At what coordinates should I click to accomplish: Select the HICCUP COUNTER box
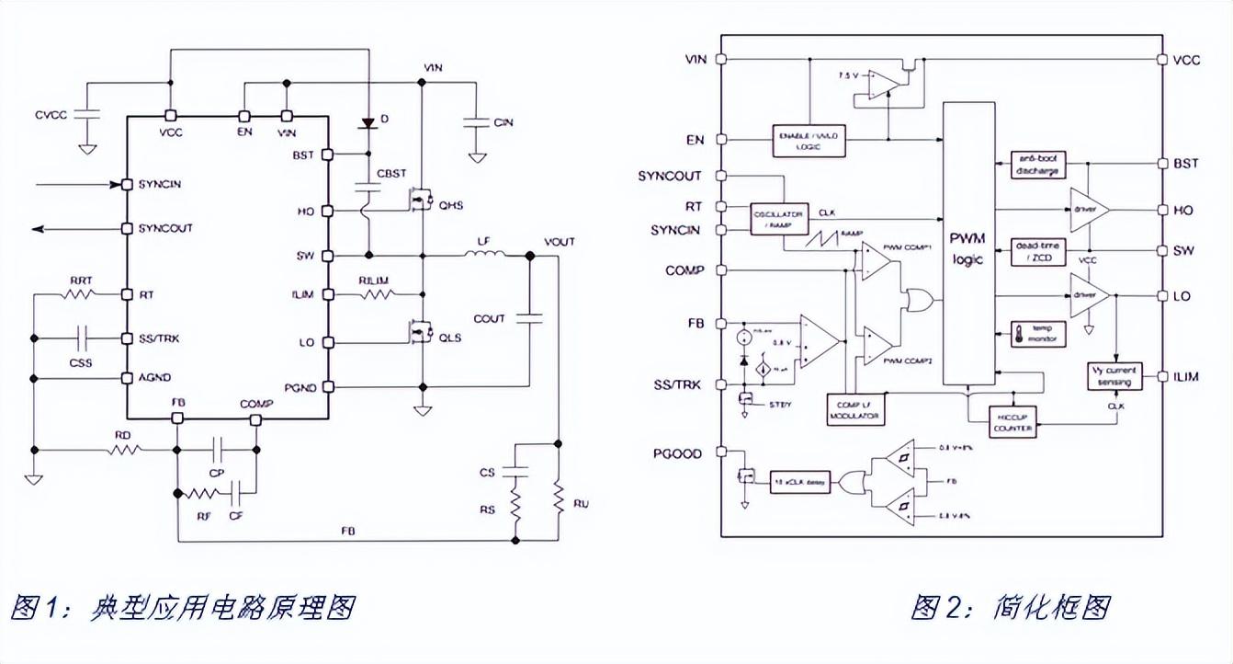pos(1012,422)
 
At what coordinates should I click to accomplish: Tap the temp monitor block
pos(1037,333)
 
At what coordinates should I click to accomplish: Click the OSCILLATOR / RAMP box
pos(776,219)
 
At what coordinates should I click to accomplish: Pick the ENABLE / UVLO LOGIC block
pos(809,139)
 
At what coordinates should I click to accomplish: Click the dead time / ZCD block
pos(1037,251)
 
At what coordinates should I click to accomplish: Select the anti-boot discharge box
pos(1038,165)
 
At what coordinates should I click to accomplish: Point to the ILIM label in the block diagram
pos(1186,377)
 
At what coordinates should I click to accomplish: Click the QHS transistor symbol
pos(421,200)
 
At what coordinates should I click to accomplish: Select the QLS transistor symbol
pos(421,329)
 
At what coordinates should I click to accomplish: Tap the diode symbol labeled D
pos(368,121)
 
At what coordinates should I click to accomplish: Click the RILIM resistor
pos(377,295)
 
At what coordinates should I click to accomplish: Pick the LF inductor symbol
pos(482,257)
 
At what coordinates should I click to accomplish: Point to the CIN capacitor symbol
pos(476,121)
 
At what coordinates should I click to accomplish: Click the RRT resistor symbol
pos(78,295)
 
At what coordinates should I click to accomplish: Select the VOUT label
pos(559,242)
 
